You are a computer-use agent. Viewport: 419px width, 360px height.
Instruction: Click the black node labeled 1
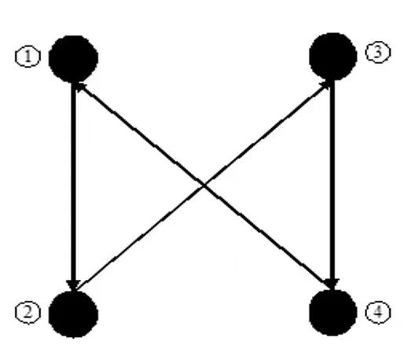coord(73,59)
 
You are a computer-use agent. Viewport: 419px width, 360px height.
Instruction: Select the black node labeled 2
coord(73,314)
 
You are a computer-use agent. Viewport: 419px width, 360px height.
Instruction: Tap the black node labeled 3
coord(333,57)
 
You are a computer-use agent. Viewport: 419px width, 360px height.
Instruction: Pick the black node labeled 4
coord(333,312)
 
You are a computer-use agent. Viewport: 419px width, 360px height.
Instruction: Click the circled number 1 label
coord(28,57)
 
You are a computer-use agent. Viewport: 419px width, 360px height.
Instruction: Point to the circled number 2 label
coord(28,312)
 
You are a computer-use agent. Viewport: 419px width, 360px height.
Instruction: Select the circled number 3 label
coord(377,52)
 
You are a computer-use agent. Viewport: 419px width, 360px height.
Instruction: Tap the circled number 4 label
coord(377,312)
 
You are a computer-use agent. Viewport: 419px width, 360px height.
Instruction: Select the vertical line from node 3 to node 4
coord(333,185)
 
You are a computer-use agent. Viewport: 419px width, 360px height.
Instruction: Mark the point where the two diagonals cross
coord(204,185)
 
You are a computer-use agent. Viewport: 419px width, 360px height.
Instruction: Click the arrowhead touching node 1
coord(81,87)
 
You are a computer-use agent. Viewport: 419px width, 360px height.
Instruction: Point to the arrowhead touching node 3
coord(325,86)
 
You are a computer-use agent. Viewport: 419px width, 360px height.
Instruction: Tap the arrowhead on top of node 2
coord(73,285)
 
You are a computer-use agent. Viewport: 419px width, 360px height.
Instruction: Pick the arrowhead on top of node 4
coord(332,285)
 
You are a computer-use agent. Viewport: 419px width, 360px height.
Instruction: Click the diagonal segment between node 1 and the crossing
coord(140,134)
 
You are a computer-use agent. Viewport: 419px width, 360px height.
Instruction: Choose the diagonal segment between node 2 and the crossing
coord(140,237)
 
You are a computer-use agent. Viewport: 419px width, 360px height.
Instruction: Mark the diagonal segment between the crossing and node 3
coord(266,134)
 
